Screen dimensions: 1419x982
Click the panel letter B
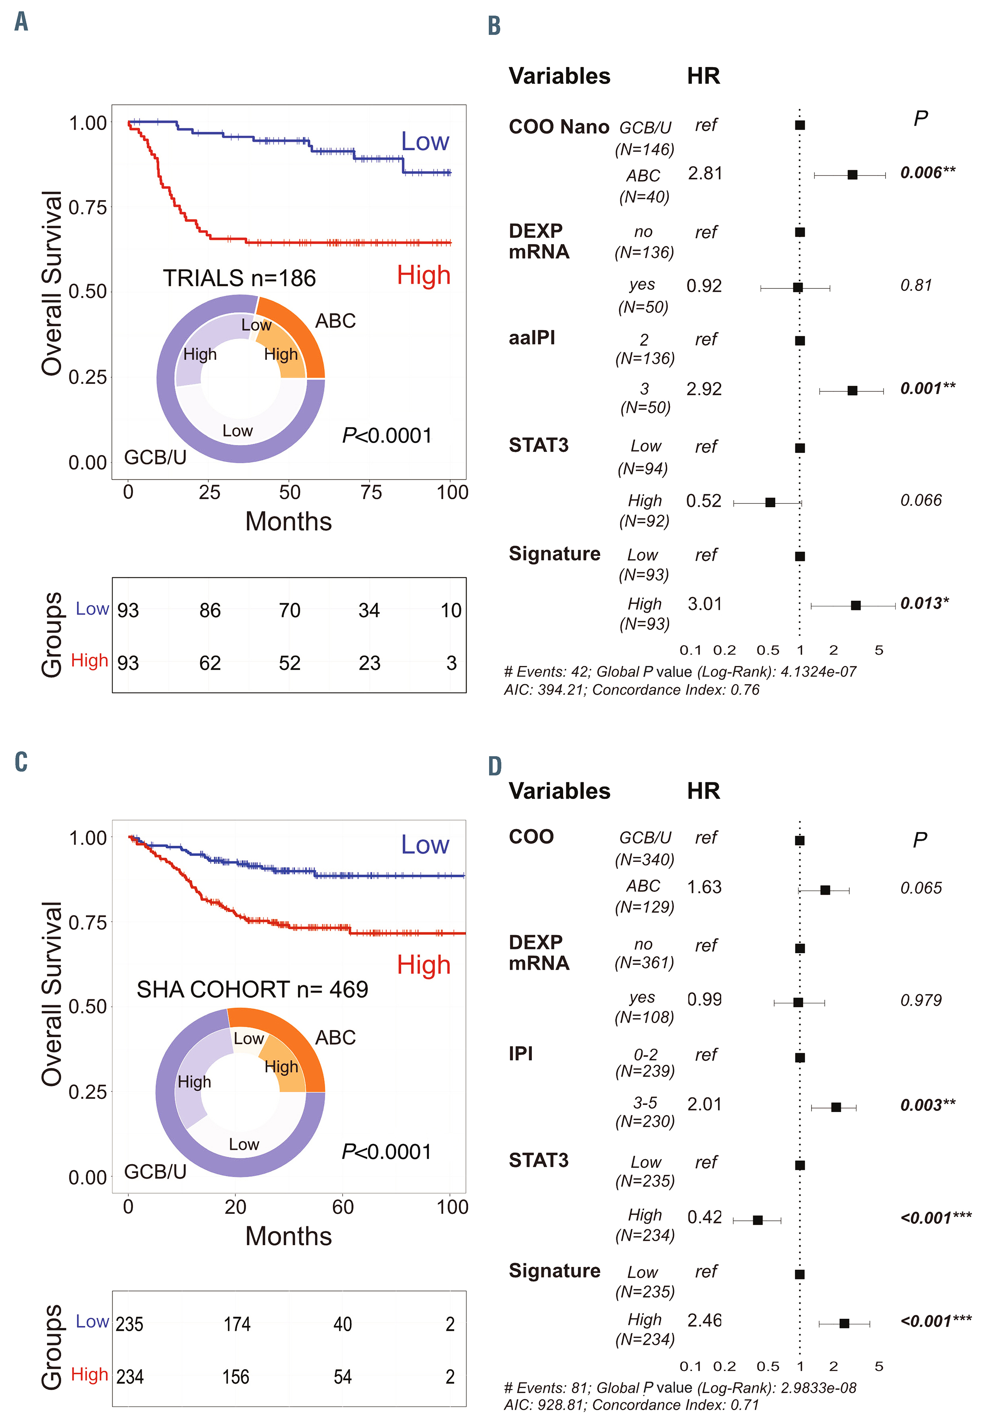(494, 26)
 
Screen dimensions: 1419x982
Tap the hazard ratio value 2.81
(705, 174)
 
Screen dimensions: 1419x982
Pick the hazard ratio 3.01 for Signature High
(705, 604)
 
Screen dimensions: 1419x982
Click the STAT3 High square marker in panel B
(770, 502)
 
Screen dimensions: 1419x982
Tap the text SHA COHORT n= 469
(252, 990)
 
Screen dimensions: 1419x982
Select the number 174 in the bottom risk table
(237, 1324)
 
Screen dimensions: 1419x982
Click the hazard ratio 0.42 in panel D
(705, 1217)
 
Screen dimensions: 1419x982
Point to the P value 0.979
(920, 1000)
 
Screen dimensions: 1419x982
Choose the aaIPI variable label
(531, 338)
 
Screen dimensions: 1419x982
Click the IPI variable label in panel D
(521, 1053)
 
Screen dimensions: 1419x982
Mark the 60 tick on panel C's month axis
(343, 1207)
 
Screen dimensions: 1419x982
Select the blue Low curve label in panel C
(425, 845)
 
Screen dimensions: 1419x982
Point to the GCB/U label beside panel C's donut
(155, 1172)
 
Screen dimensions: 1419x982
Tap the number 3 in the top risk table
(452, 663)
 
